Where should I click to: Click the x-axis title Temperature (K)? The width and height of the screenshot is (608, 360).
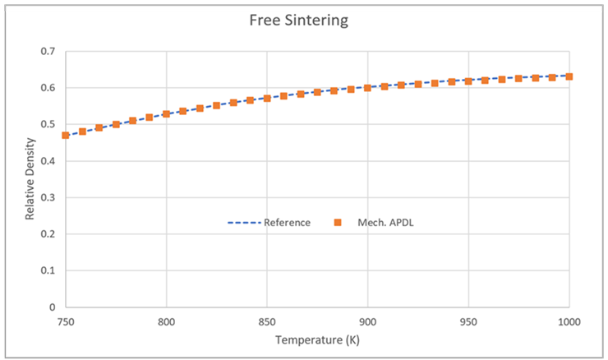click(x=317, y=339)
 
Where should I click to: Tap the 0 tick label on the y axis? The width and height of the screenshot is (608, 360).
click(x=53, y=307)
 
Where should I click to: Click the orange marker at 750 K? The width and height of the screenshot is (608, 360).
click(x=66, y=135)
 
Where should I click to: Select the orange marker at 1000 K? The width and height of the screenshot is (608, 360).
click(x=569, y=76)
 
